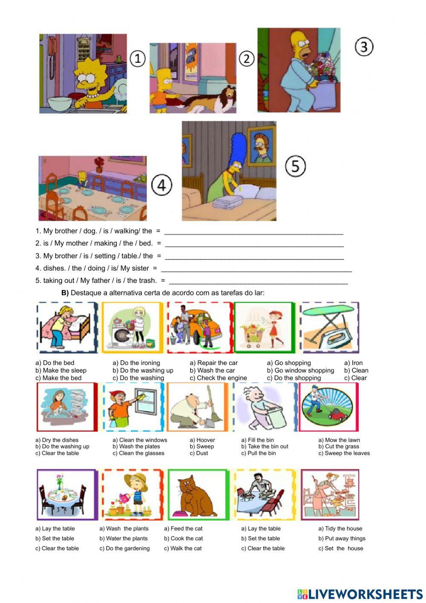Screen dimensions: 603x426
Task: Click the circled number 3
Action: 364,47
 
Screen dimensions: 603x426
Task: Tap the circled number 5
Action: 295,166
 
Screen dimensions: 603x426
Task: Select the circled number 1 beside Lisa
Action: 137,58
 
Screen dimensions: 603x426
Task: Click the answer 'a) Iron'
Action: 353,363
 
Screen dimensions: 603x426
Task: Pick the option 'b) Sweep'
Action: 201,446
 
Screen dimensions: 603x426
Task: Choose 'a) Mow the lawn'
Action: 339,440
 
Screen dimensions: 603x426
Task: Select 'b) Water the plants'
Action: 124,539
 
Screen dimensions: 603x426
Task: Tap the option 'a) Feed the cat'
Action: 183,528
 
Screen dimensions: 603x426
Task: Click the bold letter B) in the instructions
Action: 65,293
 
